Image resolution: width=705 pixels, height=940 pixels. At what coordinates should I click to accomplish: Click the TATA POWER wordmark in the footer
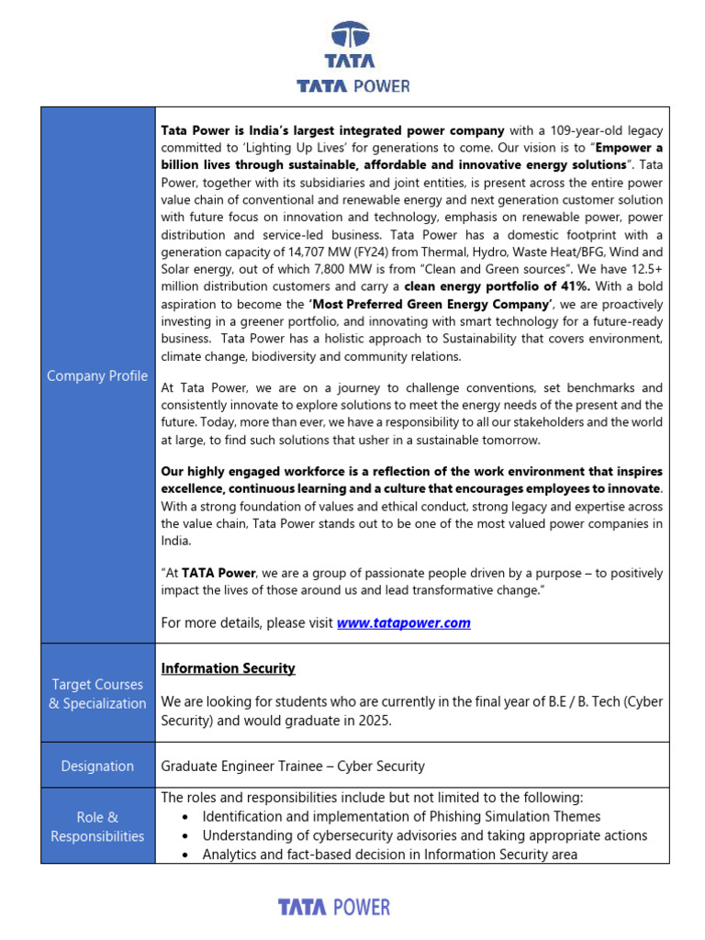click(x=334, y=908)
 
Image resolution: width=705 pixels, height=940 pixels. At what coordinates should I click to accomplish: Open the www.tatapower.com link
click(x=403, y=623)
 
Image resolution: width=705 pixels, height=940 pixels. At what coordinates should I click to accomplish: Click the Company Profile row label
click(x=97, y=375)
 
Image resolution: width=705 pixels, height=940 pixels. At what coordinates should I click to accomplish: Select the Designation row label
click(x=97, y=766)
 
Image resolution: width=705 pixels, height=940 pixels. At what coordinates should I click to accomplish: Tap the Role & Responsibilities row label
click(x=97, y=826)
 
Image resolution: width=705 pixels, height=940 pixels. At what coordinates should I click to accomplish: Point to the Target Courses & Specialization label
click(x=97, y=694)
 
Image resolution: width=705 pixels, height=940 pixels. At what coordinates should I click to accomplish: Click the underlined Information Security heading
click(x=228, y=668)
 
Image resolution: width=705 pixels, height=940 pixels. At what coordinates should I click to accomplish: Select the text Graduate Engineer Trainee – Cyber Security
click(x=293, y=766)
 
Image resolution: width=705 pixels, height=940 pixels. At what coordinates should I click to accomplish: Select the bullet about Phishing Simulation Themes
click(x=401, y=816)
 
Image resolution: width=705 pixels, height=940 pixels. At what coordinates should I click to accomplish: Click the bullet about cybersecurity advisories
click(x=424, y=835)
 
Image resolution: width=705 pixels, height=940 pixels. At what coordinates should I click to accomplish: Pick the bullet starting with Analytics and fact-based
click(x=389, y=855)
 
